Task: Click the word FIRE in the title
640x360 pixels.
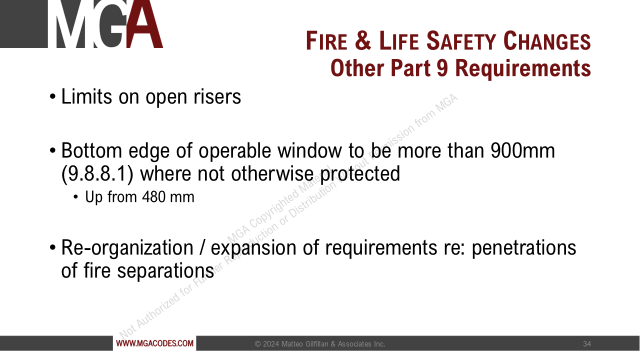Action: pyautogui.click(x=326, y=41)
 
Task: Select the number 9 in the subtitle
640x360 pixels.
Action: pyautogui.click(x=443, y=68)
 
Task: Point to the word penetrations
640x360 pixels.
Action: pyautogui.click(x=524, y=248)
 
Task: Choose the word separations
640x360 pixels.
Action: pyautogui.click(x=165, y=270)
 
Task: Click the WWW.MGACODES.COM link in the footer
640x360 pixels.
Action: pyautogui.click(x=154, y=343)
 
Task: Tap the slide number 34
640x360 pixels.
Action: pyautogui.click(x=587, y=344)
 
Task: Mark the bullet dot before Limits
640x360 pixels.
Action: pyautogui.click(x=52, y=97)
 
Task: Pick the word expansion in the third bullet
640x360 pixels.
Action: pyautogui.click(x=253, y=248)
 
